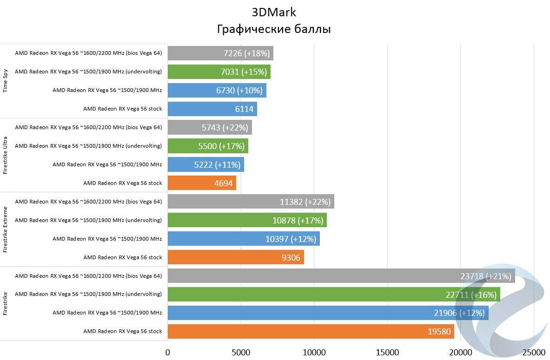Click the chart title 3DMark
coord(274,12)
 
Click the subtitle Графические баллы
coord(274,29)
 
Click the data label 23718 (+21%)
coord(486,276)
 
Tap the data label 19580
coord(439,332)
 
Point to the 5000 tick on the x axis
coord(241,352)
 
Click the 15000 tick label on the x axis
coord(387,352)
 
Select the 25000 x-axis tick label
coord(534,352)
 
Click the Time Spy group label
coord(6,81)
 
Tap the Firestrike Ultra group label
coord(6,155)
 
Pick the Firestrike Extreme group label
coord(6,229)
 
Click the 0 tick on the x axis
coord(168,352)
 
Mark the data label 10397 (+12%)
coord(291,239)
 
